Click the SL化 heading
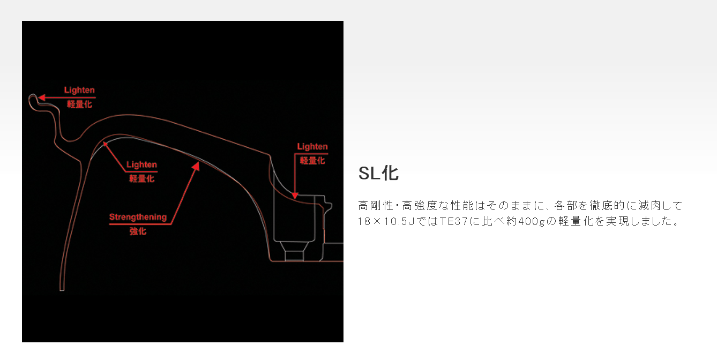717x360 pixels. click(x=378, y=173)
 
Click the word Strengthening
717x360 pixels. click(x=138, y=217)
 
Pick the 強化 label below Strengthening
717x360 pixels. click(x=138, y=231)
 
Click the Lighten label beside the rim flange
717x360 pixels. click(x=79, y=91)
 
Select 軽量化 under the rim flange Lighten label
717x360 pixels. click(x=79, y=104)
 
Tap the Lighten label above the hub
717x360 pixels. click(x=312, y=146)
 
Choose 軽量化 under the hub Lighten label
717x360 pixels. click(x=312, y=160)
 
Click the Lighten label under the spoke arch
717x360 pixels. click(x=141, y=164)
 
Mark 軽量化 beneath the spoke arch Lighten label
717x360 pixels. click(x=141, y=178)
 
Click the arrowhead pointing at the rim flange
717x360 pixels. click(x=39, y=97)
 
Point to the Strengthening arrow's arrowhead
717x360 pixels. click(x=196, y=166)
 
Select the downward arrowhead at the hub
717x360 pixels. click(x=294, y=195)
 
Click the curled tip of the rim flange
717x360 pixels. click(x=32, y=97)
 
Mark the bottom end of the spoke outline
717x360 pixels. click(x=62, y=289)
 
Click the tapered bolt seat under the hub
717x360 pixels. click(x=294, y=252)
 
